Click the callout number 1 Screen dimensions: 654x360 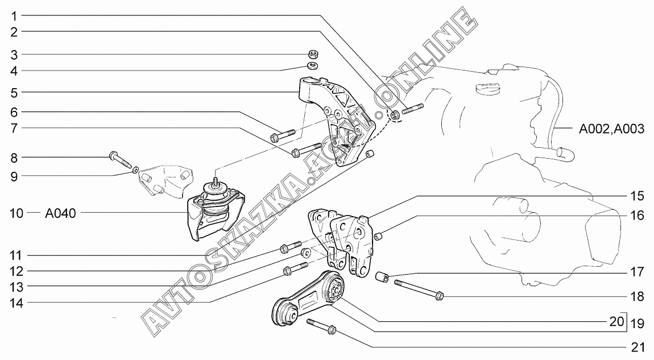coord(14,16)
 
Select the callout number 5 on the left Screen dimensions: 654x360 coord(14,93)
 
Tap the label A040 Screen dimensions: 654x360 coord(60,213)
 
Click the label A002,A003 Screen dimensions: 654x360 coord(611,129)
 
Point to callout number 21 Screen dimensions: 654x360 coord(637,347)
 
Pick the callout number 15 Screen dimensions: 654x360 coord(637,196)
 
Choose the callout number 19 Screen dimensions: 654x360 coord(638,323)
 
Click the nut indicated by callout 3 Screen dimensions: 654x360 coord(314,54)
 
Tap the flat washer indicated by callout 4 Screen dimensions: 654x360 coord(312,65)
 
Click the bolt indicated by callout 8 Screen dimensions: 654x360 coord(120,160)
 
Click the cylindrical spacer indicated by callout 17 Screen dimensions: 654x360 coord(383,276)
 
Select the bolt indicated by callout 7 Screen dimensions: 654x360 coord(307,150)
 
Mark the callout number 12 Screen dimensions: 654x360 coord(16,272)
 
